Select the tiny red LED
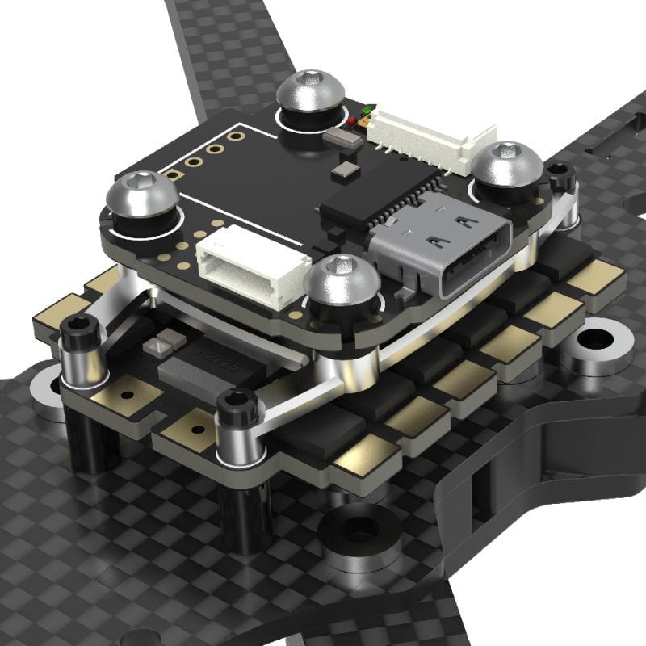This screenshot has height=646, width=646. (x=353, y=122)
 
